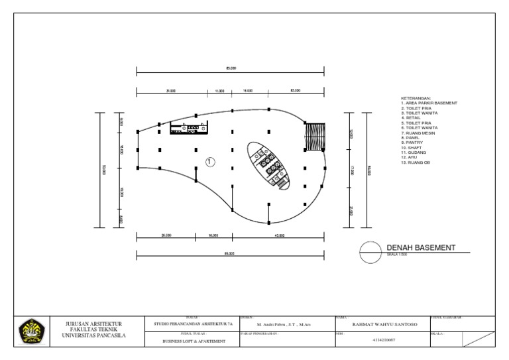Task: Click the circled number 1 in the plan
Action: tap(210, 161)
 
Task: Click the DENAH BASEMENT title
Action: tap(421, 247)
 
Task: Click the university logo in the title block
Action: tap(30, 330)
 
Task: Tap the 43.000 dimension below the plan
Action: tap(279, 235)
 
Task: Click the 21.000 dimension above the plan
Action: tap(170, 91)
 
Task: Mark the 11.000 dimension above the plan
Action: tap(219, 91)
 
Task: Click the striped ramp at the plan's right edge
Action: tap(313, 137)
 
